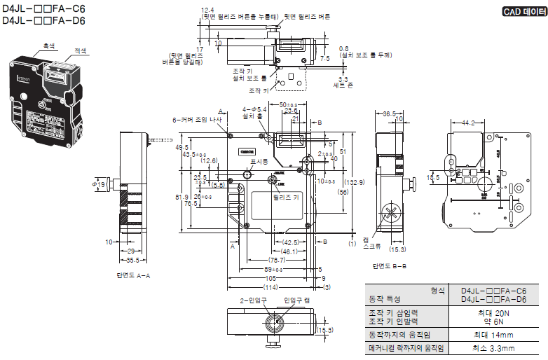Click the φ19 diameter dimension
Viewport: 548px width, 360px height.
point(99,184)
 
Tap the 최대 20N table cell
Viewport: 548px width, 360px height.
point(493,313)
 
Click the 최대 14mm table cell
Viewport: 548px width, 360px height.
point(493,335)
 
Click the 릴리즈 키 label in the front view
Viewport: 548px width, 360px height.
point(286,198)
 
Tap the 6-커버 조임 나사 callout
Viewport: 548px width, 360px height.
point(197,120)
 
